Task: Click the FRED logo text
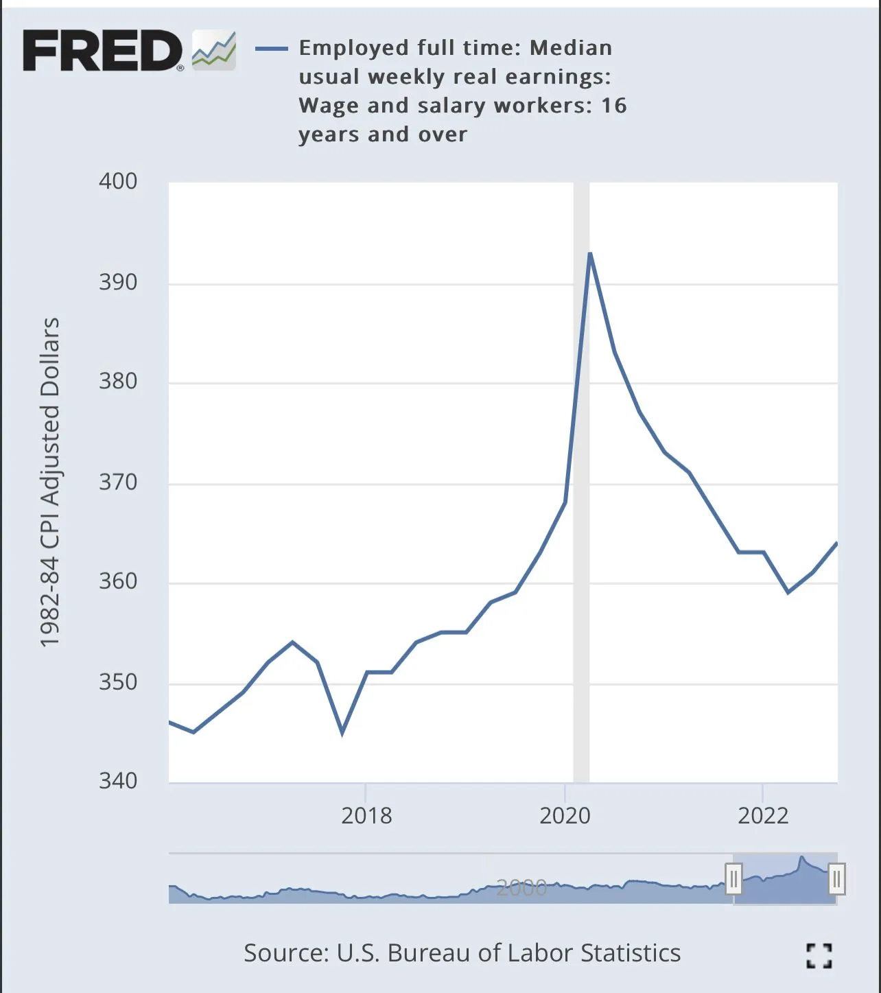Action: (103, 51)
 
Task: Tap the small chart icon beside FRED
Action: (214, 50)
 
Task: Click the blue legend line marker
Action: (272, 48)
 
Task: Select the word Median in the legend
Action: (571, 48)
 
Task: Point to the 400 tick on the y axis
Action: (118, 181)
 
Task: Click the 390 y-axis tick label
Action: (118, 281)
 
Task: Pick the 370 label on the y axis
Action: (118, 482)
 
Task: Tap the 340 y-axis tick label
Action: (118, 780)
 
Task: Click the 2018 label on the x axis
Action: (366, 815)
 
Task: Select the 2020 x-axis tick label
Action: (565, 815)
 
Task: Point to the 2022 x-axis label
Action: (763, 815)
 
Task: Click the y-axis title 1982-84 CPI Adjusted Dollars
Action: (50, 482)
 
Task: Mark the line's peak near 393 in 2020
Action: (589, 254)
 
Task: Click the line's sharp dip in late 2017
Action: (342, 732)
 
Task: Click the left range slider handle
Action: (733, 878)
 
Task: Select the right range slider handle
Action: (836, 878)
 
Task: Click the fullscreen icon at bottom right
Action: (819, 955)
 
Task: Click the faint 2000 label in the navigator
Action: (521, 888)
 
